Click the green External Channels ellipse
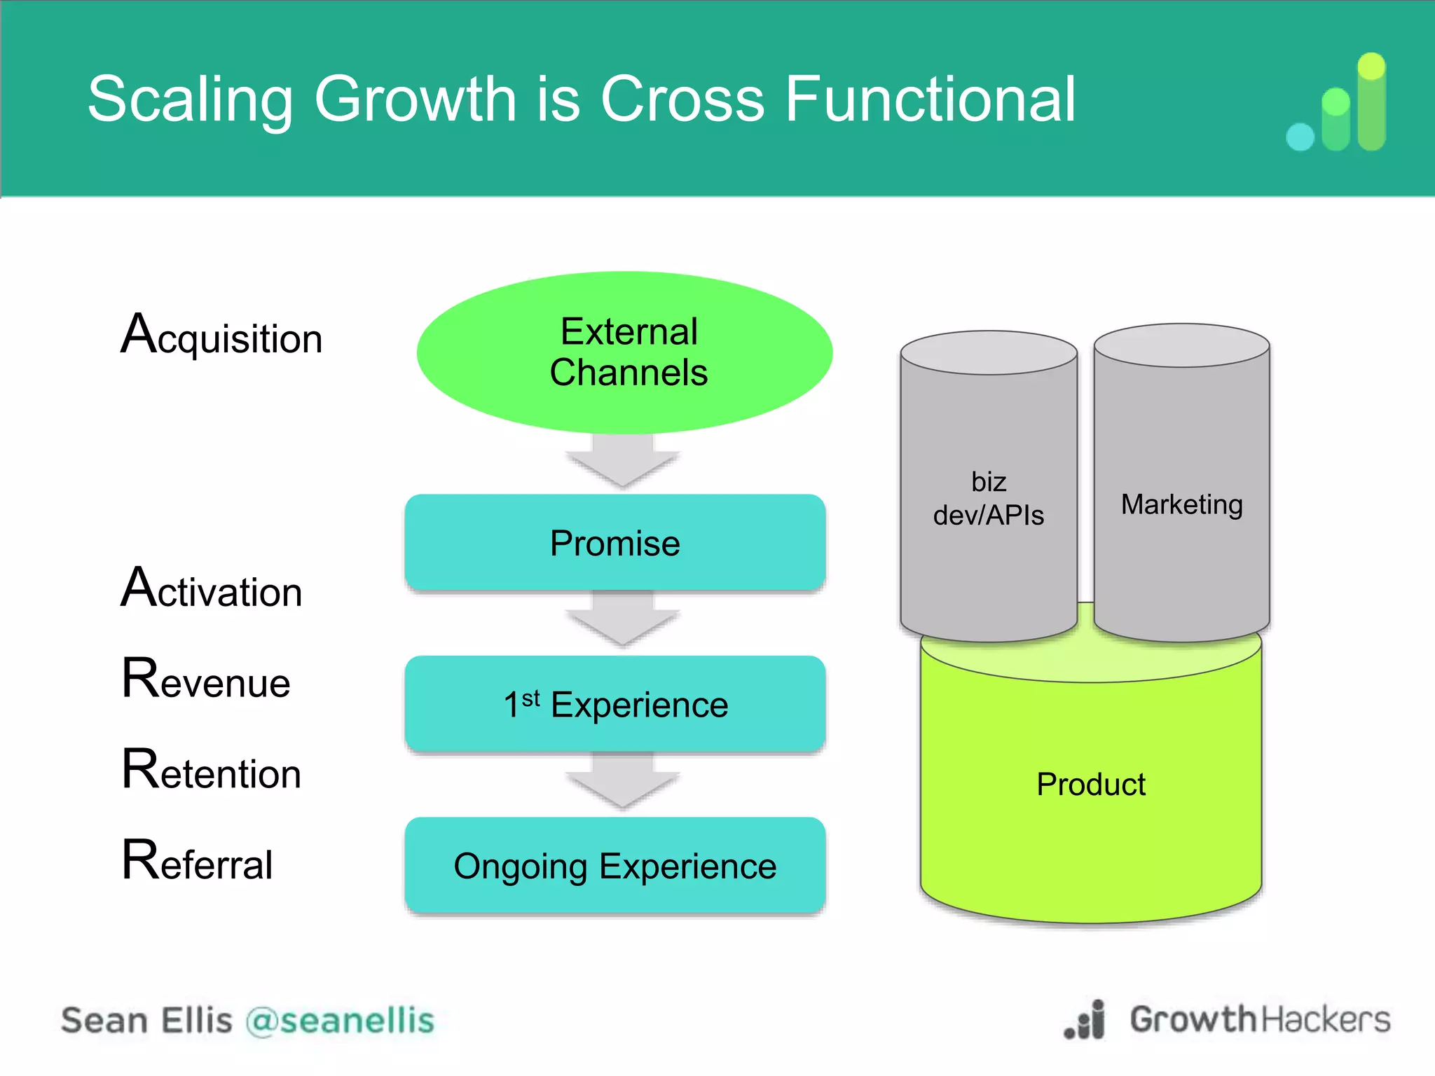[624, 352]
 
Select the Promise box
[614, 543]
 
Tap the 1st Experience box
[614, 704]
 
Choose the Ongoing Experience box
[614, 866]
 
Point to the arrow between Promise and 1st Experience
[622, 620]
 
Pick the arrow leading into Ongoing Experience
[622, 781]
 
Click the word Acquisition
[221, 336]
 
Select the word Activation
[212, 589]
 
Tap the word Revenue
[206, 680]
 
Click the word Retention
[212, 771]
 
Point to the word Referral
[198, 862]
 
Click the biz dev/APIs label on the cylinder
[988, 499]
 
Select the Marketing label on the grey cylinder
[1181, 504]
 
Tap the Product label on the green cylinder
[1090, 784]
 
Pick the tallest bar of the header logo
[1371, 102]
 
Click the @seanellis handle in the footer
[341, 1021]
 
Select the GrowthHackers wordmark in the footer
[1259, 1019]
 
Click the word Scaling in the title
[190, 100]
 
